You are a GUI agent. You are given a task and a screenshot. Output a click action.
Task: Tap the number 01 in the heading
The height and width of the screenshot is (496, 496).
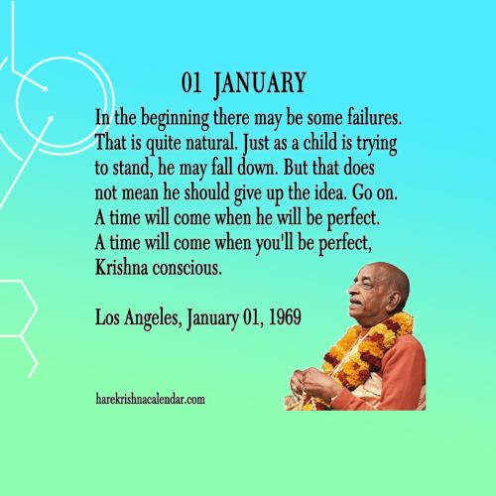point(194,79)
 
